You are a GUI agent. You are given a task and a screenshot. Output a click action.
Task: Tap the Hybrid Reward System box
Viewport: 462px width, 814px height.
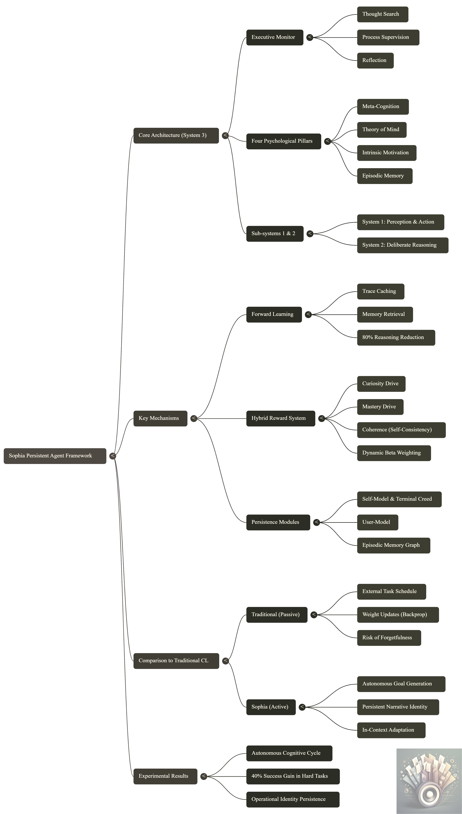pyautogui.click(x=281, y=418)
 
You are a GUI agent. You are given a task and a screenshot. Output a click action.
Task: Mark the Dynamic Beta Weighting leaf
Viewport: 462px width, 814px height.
pyautogui.click(x=394, y=453)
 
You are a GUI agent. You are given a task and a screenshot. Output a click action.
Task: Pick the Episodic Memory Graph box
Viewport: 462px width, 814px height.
pyautogui.click(x=393, y=545)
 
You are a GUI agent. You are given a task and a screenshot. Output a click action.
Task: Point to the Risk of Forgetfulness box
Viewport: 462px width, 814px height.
pyautogui.click(x=389, y=638)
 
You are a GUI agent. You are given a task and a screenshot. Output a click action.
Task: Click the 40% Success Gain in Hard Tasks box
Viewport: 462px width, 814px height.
pyautogui.click(x=293, y=776)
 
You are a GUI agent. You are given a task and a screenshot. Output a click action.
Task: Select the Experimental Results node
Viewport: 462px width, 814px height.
pyautogui.click(x=165, y=776)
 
